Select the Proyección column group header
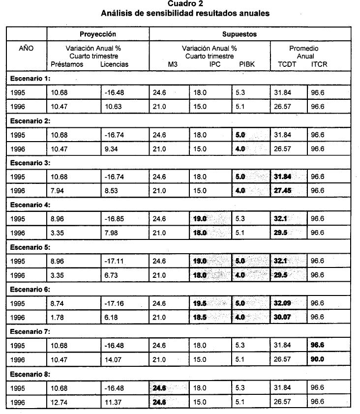tap(97, 34)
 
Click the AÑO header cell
tap(26, 49)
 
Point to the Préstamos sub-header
tap(67, 64)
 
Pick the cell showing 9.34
tap(111, 148)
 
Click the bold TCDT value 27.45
tap(283, 191)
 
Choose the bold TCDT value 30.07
tap(283, 318)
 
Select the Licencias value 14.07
tap(113, 360)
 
